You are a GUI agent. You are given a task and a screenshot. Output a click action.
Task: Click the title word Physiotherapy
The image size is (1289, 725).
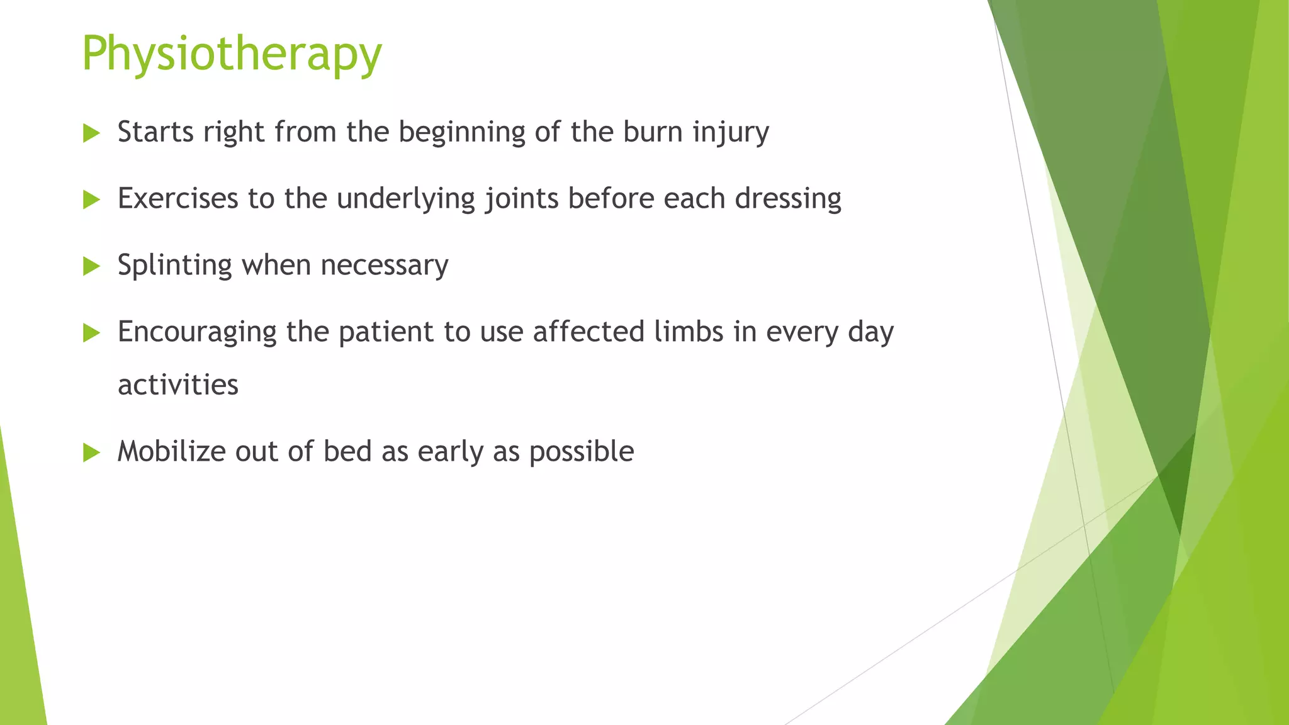tap(232, 54)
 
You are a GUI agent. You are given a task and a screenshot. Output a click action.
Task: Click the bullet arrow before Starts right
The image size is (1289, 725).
tap(91, 133)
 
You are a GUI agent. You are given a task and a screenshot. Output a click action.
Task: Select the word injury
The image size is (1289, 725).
tap(731, 133)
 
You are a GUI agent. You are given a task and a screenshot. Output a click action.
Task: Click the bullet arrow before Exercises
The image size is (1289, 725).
tap(91, 200)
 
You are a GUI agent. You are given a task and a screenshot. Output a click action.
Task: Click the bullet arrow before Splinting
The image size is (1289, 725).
tap(91, 267)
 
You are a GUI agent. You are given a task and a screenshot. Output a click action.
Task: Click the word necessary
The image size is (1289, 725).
tap(384, 266)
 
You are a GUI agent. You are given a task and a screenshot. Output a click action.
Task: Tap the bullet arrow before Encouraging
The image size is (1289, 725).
tap(91, 334)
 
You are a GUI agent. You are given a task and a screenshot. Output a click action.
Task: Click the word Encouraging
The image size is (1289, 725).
tap(197, 332)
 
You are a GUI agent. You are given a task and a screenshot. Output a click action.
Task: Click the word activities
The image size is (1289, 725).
tap(178, 385)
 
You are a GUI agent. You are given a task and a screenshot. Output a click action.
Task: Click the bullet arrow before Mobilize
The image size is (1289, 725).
tap(91, 452)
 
